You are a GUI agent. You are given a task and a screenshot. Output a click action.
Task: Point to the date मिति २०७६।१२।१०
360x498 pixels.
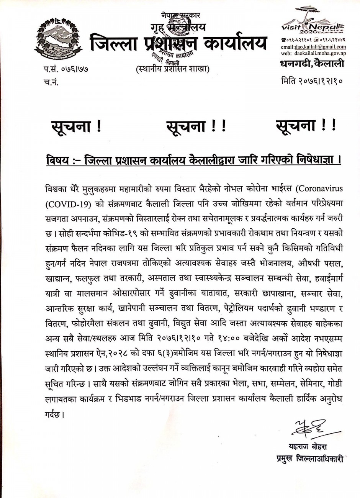click(x=312, y=80)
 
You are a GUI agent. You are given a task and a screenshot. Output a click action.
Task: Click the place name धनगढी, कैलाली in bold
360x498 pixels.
click(x=312, y=64)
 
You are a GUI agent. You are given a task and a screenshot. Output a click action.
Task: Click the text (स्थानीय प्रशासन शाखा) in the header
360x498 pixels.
click(x=172, y=69)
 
